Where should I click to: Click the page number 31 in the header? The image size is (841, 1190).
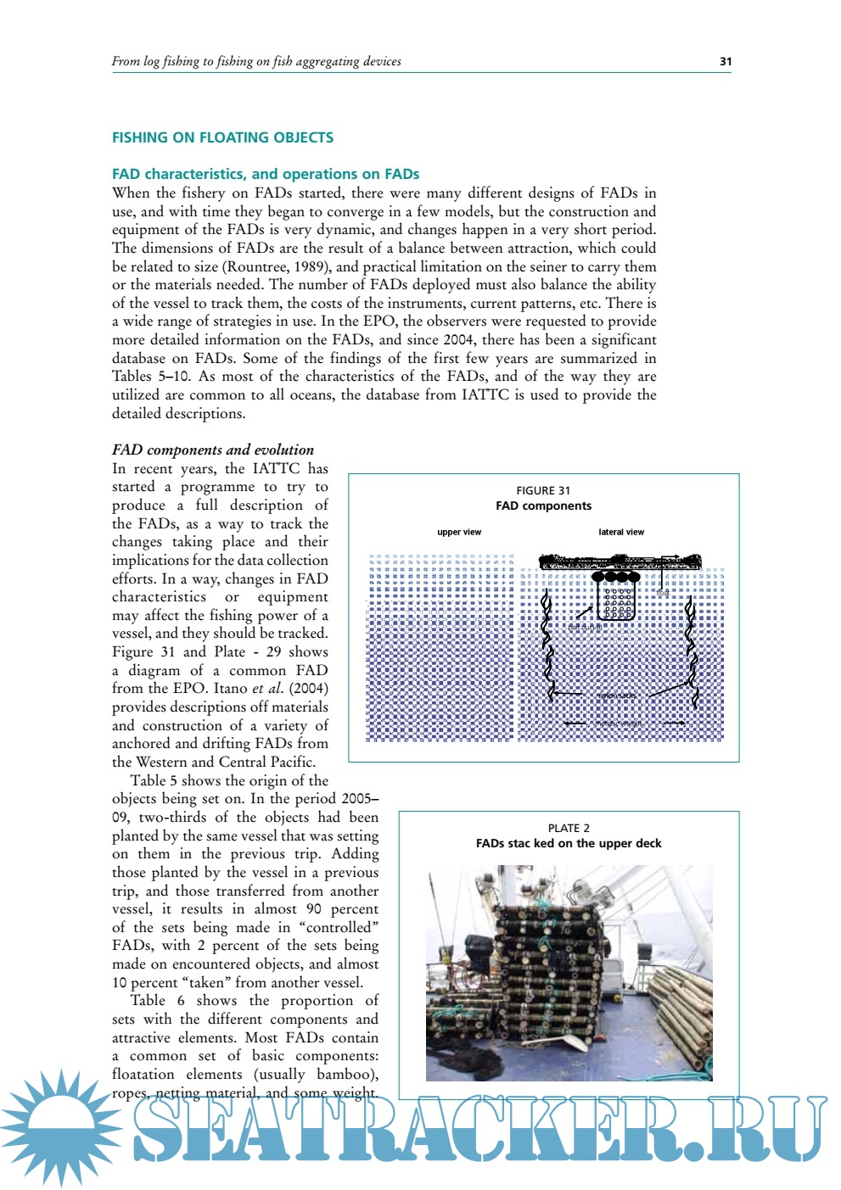coord(725,61)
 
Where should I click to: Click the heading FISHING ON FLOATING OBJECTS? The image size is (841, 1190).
coord(222,137)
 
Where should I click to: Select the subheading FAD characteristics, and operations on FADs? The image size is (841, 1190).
coord(266,174)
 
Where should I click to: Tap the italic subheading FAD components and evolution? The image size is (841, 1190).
coord(213,450)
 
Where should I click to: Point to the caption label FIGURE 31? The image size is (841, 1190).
coord(543,490)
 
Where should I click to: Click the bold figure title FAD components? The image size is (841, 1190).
coord(543,506)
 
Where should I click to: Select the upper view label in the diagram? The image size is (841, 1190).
coord(459,532)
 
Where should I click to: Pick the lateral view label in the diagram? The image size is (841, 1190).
coord(621,532)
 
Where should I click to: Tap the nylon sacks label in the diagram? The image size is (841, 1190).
coord(616,696)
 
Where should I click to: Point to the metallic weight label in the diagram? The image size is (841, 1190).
coord(617,723)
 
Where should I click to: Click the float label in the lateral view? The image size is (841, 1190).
coord(663,593)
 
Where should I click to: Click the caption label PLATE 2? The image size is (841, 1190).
coord(569,828)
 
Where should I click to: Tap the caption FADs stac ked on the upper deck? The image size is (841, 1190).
coord(569,843)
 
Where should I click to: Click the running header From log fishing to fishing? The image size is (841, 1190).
coord(256,61)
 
